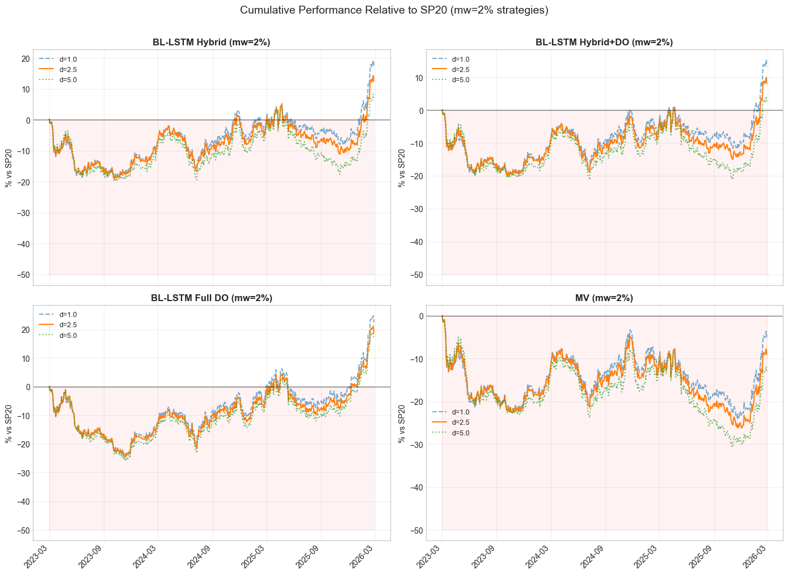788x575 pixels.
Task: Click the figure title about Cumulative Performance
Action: click(x=394, y=10)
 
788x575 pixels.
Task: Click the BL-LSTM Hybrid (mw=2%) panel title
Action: click(x=211, y=42)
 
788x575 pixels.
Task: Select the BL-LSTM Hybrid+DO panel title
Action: click(x=604, y=42)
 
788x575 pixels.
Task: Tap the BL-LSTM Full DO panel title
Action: click(x=211, y=298)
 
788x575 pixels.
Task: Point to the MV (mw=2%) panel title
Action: click(x=604, y=298)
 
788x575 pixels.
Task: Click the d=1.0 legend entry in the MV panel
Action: click(x=460, y=412)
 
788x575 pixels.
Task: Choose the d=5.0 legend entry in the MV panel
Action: click(x=460, y=433)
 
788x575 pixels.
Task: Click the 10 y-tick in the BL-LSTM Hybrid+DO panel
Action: click(x=420, y=78)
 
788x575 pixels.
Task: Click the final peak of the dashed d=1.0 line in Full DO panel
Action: click(x=373, y=315)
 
